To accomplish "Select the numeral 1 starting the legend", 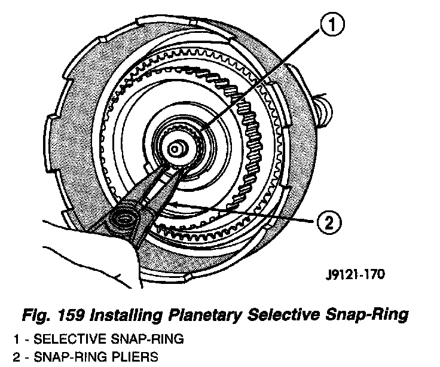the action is (x=15, y=339).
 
